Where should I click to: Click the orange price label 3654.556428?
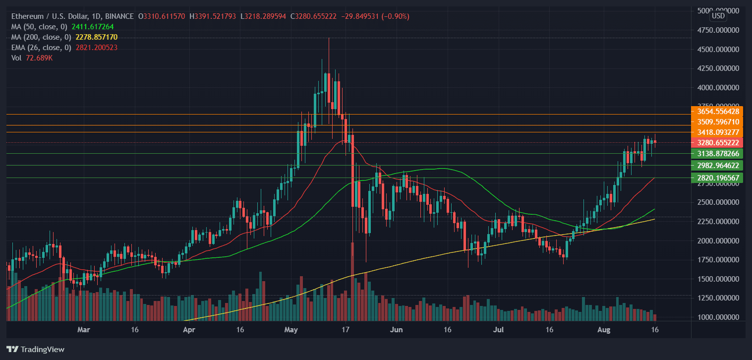pos(717,111)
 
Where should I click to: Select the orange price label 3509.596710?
pos(717,121)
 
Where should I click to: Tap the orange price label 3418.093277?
pos(717,132)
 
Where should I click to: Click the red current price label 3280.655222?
pos(717,143)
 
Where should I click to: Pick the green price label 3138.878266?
pos(717,154)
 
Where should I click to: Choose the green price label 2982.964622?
pos(717,166)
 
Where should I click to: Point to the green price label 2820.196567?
pos(717,178)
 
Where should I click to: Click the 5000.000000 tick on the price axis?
pos(718,11)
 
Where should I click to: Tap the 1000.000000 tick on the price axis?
pos(718,317)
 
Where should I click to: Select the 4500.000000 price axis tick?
pos(718,50)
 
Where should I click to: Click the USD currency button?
pos(718,16)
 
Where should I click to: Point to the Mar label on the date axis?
pos(84,329)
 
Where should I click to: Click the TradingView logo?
pos(35,349)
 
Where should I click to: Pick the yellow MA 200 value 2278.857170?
pos(96,37)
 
